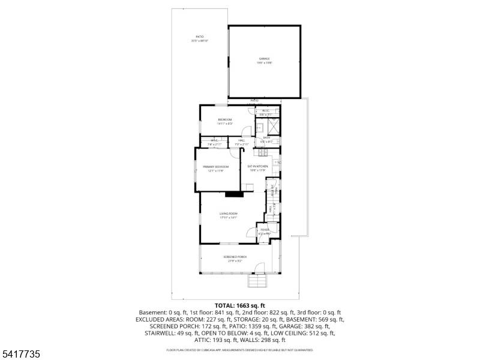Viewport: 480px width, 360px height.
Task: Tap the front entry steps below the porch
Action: pos(257,281)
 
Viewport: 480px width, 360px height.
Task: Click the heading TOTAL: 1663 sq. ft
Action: pos(239,305)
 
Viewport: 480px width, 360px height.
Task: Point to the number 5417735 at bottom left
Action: pos(21,355)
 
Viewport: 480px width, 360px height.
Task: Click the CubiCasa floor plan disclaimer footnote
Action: pos(239,350)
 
